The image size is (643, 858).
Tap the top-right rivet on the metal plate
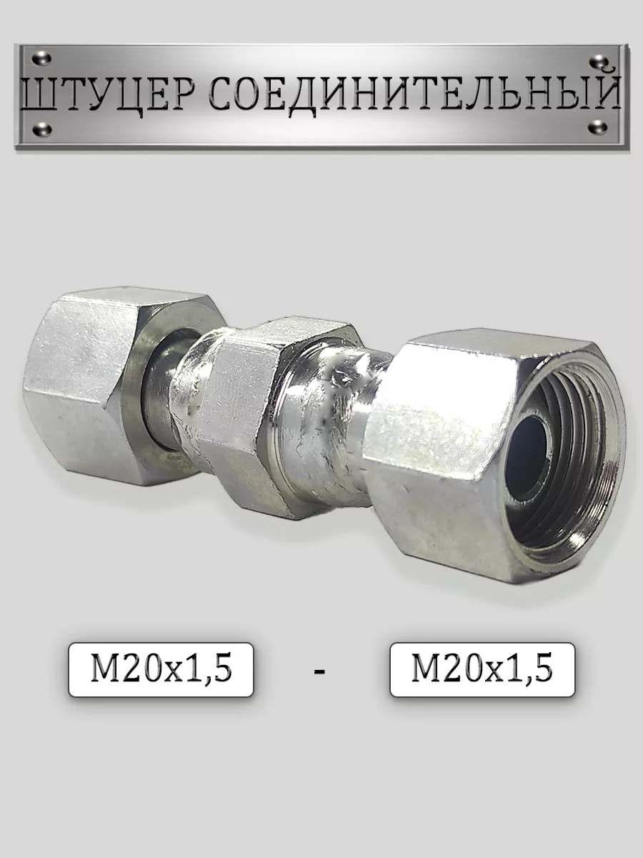pos(599,61)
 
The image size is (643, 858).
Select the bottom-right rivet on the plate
pos(598,127)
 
